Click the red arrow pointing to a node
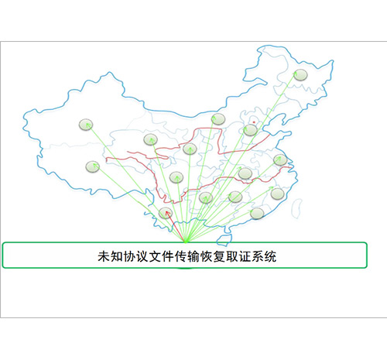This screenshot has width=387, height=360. [x=176, y=227]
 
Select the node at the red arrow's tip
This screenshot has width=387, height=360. [x=165, y=213]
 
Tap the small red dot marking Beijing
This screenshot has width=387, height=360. [x=254, y=122]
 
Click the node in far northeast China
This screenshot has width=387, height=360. [x=300, y=75]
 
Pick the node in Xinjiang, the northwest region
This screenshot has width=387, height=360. [x=86, y=125]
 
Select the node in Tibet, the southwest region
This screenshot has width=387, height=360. [x=92, y=166]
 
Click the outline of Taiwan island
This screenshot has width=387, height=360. [x=296, y=208]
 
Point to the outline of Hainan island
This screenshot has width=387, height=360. [x=224, y=240]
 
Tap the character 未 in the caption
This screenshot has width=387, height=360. [x=104, y=256]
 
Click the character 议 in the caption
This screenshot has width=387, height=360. [x=142, y=256]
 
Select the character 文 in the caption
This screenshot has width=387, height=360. [x=155, y=256]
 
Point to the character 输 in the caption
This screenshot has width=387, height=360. [x=193, y=256]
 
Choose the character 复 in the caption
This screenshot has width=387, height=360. [x=219, y=256]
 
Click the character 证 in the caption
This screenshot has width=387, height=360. [x=245, y=256]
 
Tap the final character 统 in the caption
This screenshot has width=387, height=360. [x=270, y=256]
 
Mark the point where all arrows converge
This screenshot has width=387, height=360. [x=186, y=242]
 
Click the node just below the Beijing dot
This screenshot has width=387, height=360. [x=250, y=130]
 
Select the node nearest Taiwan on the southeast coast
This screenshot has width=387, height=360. [x=278, y=194]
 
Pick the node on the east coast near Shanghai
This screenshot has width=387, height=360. [x=280, y=160]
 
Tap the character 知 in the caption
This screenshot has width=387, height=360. [x=117, y=256]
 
